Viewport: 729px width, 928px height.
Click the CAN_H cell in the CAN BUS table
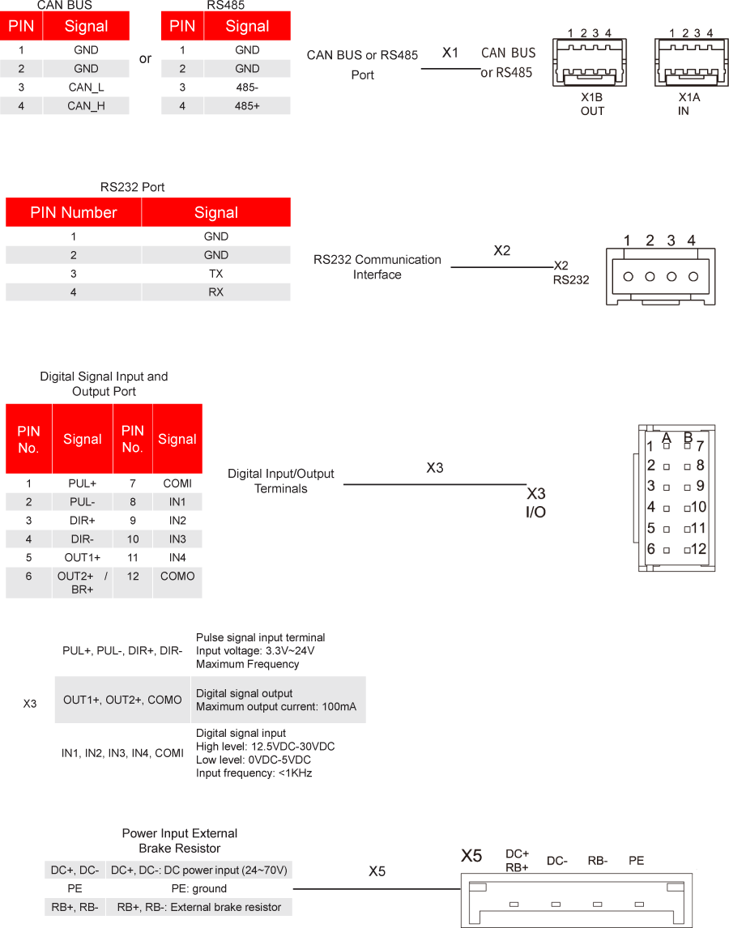[x=86, y=105]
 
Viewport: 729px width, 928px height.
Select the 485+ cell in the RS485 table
[x=247, y=105]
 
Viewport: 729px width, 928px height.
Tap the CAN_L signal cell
[x=86, y=87]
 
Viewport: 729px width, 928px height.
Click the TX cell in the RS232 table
[x=215, y=274]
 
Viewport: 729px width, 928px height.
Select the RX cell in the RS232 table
[x=215, y=292]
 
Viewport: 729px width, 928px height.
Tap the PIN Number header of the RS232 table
[x=74, y=213]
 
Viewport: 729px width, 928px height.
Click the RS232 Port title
[x=132, y=187]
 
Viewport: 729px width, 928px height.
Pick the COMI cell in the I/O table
[x=177, y=483]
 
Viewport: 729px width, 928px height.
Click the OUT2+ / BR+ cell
[x=83, y=583]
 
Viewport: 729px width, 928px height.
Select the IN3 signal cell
[x=177, y=538]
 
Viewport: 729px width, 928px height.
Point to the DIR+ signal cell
[x=83, y=520]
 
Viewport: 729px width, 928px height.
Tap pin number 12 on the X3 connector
[x=698, y=549]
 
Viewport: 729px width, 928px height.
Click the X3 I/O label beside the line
[x=536, y=503]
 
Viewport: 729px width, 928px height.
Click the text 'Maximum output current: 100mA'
[x=275, y=707]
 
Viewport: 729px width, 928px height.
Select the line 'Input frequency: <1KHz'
[x=254, y=773]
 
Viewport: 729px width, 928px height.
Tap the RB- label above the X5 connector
[x=598, y=861]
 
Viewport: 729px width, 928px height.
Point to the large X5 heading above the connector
[x=471, y=856]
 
